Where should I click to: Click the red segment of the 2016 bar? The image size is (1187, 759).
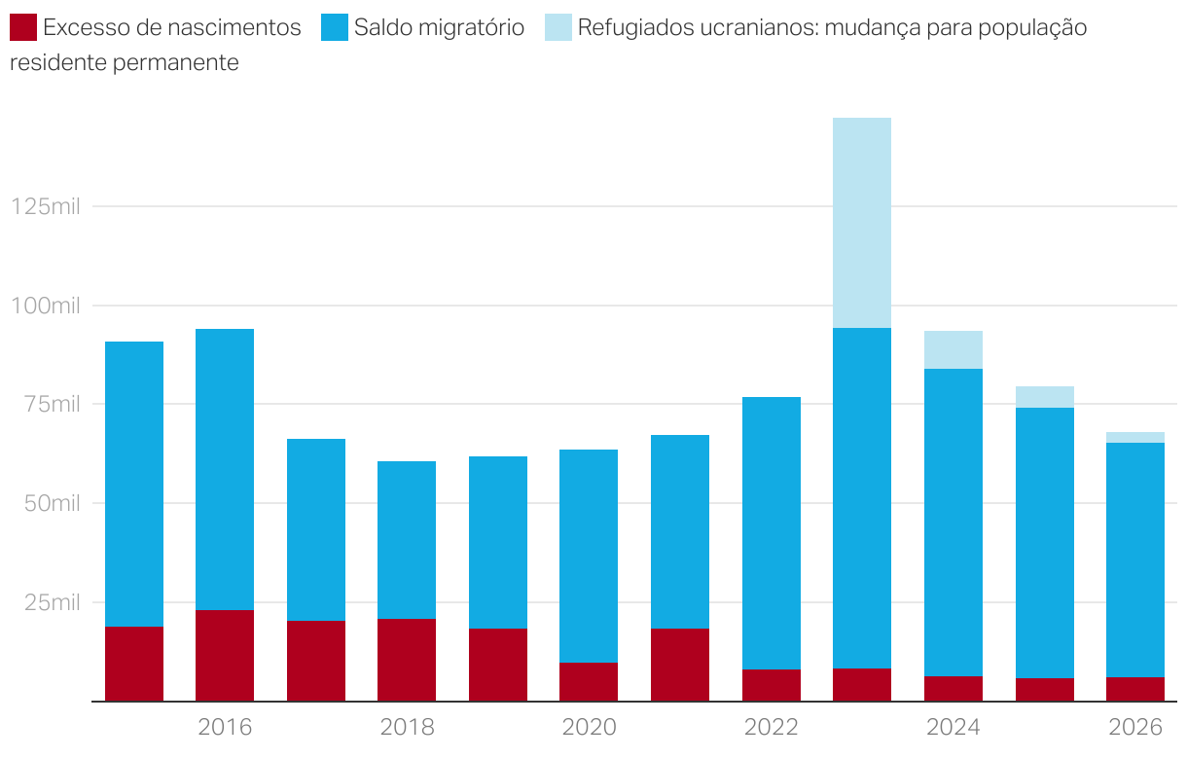(225, 655)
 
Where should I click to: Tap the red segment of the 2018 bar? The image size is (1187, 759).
(407, 659)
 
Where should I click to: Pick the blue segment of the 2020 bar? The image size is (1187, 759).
(589, 556)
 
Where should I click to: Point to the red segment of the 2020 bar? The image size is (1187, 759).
(589, 681)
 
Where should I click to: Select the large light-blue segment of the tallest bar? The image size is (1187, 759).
(862, 223)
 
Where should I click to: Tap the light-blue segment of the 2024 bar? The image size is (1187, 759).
(953, 349)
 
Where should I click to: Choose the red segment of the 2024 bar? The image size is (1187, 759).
(953, 688)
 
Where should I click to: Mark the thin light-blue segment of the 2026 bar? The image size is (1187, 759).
(1135, 437)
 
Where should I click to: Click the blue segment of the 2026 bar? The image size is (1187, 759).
(1135, 560)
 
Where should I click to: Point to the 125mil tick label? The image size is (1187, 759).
(46, 206)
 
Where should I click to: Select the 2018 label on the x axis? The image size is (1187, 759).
(407, 727)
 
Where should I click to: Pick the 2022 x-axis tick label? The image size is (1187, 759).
(772, 727)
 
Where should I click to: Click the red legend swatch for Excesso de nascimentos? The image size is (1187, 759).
(23, 27)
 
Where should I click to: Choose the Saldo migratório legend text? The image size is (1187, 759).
(439, 27)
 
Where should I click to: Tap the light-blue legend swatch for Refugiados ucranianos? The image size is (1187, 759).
(558, 27)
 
